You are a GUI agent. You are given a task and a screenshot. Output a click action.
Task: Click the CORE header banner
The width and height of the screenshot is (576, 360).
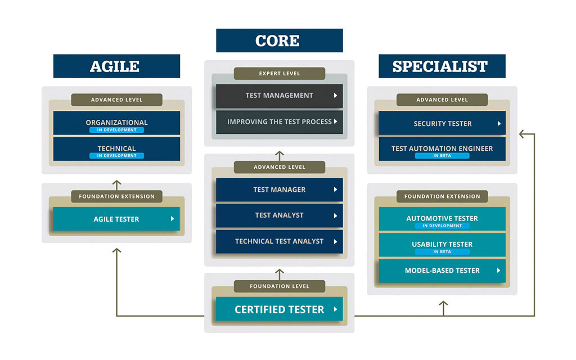tap(279, 40)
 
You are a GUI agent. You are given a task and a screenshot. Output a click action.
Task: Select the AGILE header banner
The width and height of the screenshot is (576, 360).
tap(116, 66)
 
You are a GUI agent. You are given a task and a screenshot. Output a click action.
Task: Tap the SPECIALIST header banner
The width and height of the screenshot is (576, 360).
tap(442, 66)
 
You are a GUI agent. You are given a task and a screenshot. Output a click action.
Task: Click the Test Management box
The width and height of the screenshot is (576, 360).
tap(279, 96)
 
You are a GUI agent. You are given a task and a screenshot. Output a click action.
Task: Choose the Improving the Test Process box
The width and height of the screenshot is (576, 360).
tap(279, 121)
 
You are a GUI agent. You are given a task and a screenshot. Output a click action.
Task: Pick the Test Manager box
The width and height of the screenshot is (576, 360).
tap(279, 190)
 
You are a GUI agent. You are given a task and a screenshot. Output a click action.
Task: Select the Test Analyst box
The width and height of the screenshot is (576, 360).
tap(279, 215)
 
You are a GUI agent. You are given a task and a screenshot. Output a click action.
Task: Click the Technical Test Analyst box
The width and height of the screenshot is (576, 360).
tap(279, 241)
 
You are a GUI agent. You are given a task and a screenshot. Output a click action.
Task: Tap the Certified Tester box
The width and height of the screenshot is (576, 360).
tap(279, 309)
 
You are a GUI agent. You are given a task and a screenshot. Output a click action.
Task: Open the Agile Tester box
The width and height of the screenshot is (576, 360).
tap(116, 219)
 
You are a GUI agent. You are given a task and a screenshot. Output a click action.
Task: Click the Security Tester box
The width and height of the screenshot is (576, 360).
tap(442, 123)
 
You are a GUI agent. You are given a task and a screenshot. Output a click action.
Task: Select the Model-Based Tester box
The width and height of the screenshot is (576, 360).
tap(442, 271)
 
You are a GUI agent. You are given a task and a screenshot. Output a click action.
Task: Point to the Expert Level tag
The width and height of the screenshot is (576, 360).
tap(280, 74)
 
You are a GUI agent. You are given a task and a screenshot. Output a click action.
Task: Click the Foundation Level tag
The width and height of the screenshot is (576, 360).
tap(280, 286)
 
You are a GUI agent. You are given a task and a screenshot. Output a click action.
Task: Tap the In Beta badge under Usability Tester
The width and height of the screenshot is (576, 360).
tap(442, 252)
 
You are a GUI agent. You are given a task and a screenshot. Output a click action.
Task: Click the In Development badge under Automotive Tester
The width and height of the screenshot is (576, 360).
tap(442, 226)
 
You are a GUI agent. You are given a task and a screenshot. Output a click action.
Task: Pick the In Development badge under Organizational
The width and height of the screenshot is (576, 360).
tap(116, 130)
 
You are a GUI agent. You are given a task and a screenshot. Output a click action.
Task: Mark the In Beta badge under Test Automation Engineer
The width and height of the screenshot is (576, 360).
tap(442, 156)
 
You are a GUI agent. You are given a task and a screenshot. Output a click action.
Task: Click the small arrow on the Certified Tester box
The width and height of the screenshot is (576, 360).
tap(335, 309)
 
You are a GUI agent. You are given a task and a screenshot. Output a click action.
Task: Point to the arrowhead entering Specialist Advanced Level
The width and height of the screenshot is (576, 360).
tap(522, 134)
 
